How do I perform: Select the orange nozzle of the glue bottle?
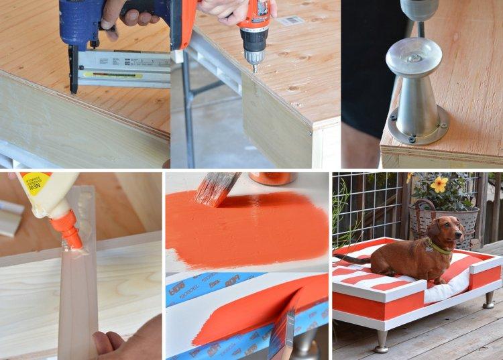click(x=66, y=228)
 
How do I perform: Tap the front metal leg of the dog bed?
click(x=382, y=339)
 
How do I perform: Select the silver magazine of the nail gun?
click(x=124, y=70)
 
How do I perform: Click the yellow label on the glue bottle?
click(x=33, y=185)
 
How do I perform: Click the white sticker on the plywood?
click(x=290, y=21)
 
